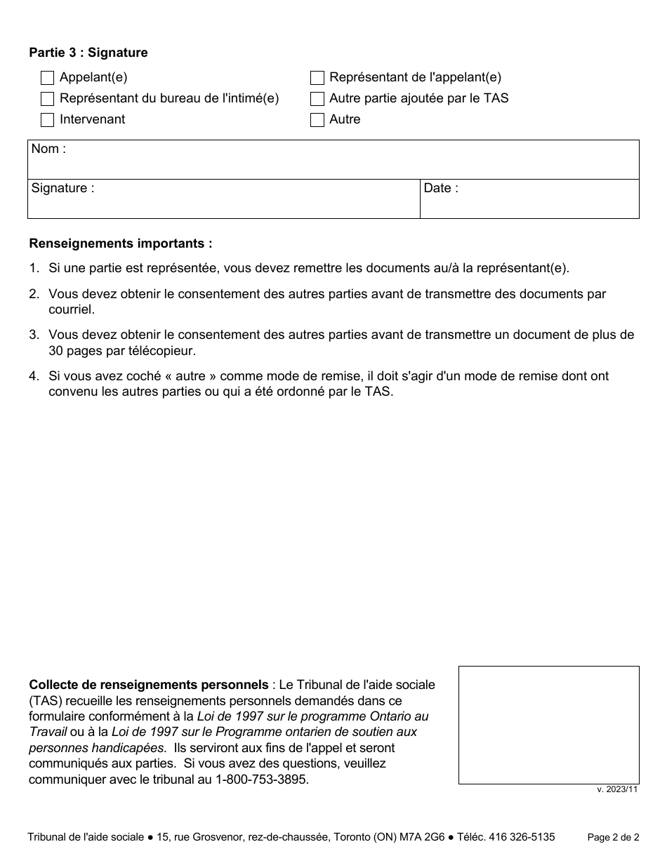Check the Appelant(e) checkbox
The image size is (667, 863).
[48, 78]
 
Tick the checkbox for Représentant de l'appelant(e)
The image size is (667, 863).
[317, 78]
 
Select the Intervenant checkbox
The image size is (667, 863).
[48, 120]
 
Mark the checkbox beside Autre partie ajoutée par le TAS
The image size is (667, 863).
[317, 99]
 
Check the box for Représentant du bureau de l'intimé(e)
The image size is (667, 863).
[48, 99]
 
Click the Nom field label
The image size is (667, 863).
[48, 149]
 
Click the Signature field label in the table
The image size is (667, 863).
[62, 188]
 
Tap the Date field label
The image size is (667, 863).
[441, 188]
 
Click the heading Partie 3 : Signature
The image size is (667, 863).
[88, 53]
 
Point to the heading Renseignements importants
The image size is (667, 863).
[120, 244]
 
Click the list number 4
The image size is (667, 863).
[34, 376]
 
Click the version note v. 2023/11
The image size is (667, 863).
[617, 789]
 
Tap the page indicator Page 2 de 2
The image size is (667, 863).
[613, 837]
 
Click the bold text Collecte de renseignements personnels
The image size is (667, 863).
[148, 685]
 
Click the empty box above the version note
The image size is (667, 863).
[548, 725]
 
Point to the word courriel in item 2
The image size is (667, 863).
[70, 309]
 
